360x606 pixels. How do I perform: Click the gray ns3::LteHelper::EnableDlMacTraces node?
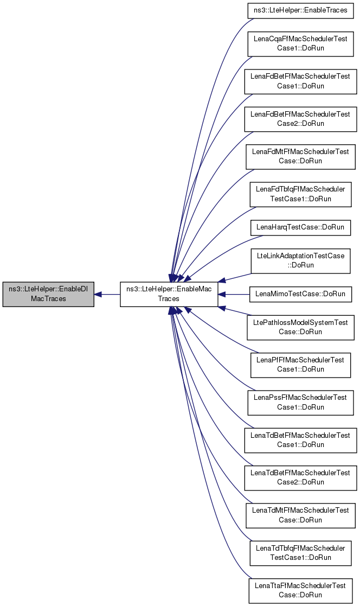pos(48,294)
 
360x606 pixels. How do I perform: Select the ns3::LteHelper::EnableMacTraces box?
pos(169,294)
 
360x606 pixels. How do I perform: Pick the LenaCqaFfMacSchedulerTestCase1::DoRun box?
pos(300,43)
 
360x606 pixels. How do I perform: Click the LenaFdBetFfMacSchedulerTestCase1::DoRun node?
pos(300,81)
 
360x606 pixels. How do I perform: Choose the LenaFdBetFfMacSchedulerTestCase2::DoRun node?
pos(300,119)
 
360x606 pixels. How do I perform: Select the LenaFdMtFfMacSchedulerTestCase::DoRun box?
pos(300,156)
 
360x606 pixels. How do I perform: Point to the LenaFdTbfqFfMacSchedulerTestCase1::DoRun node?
pos(300,194)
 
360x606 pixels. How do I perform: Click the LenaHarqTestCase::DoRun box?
pos(300,227)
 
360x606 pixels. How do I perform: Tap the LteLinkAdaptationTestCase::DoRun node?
pos(300,260)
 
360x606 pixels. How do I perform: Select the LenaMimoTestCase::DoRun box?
pos(300,294)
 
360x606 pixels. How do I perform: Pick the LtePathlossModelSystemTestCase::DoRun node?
pos(300,327)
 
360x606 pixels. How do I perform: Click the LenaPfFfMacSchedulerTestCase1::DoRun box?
pos(300,365)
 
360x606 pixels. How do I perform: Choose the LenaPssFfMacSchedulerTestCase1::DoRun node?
pos(300,402)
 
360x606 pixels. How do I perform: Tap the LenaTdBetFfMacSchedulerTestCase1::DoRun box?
pos(300,440)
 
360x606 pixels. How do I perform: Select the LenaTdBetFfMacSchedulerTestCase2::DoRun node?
pos(300,477)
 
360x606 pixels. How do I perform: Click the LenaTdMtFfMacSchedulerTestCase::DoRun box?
pos(300,515)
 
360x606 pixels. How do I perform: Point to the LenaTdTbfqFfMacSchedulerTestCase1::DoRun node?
pos(300,553)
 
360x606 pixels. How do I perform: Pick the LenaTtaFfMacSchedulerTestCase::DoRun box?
pos(300,590)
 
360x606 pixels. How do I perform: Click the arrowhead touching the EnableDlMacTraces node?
pos(98,294)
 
